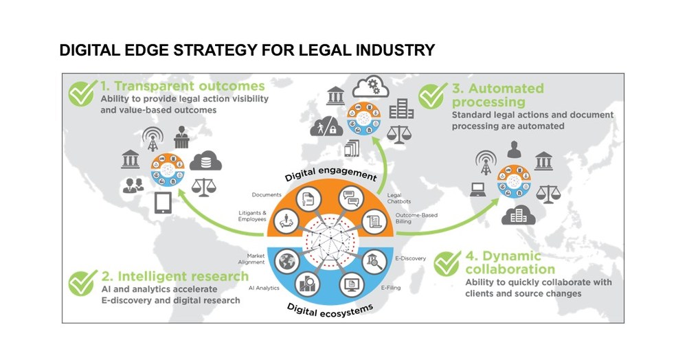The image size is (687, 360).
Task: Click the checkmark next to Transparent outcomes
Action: [82, 93]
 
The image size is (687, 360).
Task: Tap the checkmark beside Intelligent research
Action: [82, 282]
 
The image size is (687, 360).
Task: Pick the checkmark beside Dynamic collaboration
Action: [447, 263]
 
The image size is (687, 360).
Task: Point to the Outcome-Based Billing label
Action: [413, 219]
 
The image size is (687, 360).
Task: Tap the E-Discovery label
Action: [412, 258]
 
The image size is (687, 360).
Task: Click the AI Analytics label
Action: [264, 287]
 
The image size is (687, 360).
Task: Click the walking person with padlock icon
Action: [324, 127]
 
